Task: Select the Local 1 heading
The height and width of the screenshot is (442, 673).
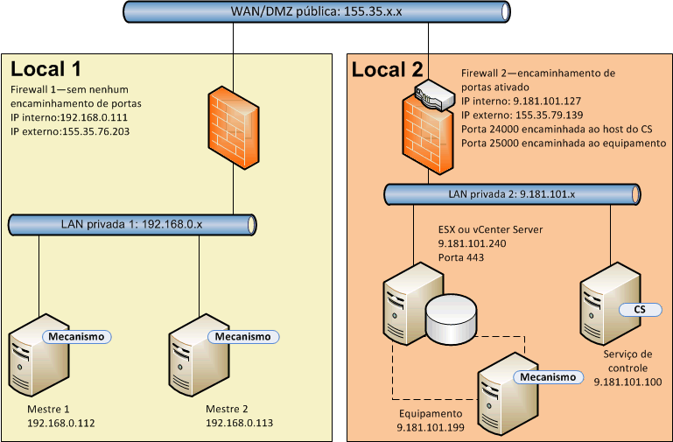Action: (46, 68)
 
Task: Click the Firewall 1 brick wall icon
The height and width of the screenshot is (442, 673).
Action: (232, 126)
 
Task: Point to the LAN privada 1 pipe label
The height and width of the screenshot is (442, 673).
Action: (131, 224)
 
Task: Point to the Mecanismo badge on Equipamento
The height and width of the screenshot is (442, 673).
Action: (549, 377)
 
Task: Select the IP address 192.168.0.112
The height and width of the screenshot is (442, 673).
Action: (61, 423)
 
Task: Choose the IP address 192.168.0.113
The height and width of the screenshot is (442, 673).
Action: (239, 423)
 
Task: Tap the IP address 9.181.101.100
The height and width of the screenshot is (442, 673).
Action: (627, 382)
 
